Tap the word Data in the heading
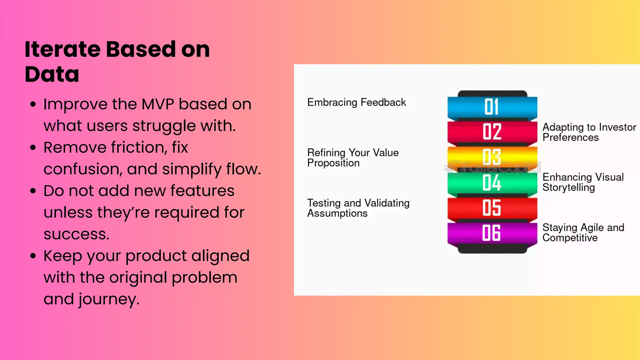pyautogui.click(x=52, y=74)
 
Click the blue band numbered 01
pyautogui.click(x=492, y=107)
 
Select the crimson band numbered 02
pyautogui.click(x=492, y=132)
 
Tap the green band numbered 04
pyautogui.click(x=492, y=182)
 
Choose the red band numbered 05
pyautogui.click(x=492, y=207)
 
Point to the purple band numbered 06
pyautogui.click(x=492, y=233)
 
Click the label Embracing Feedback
pyautogui.click(x=356, y=102)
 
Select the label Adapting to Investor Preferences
pyautogui.click(x=589, y=132)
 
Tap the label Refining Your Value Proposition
pyautogui.click(x=352, y=158)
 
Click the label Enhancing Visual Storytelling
pyautogui.click(x=582, y=182)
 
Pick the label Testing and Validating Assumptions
pyautogui.click(x=358, y=208)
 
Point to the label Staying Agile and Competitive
pyautogui.click(x=583, y=232)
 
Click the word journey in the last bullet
pyautogui.click(x=108, y=299)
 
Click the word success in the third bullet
pyautogui.click(x=76, y=234)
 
